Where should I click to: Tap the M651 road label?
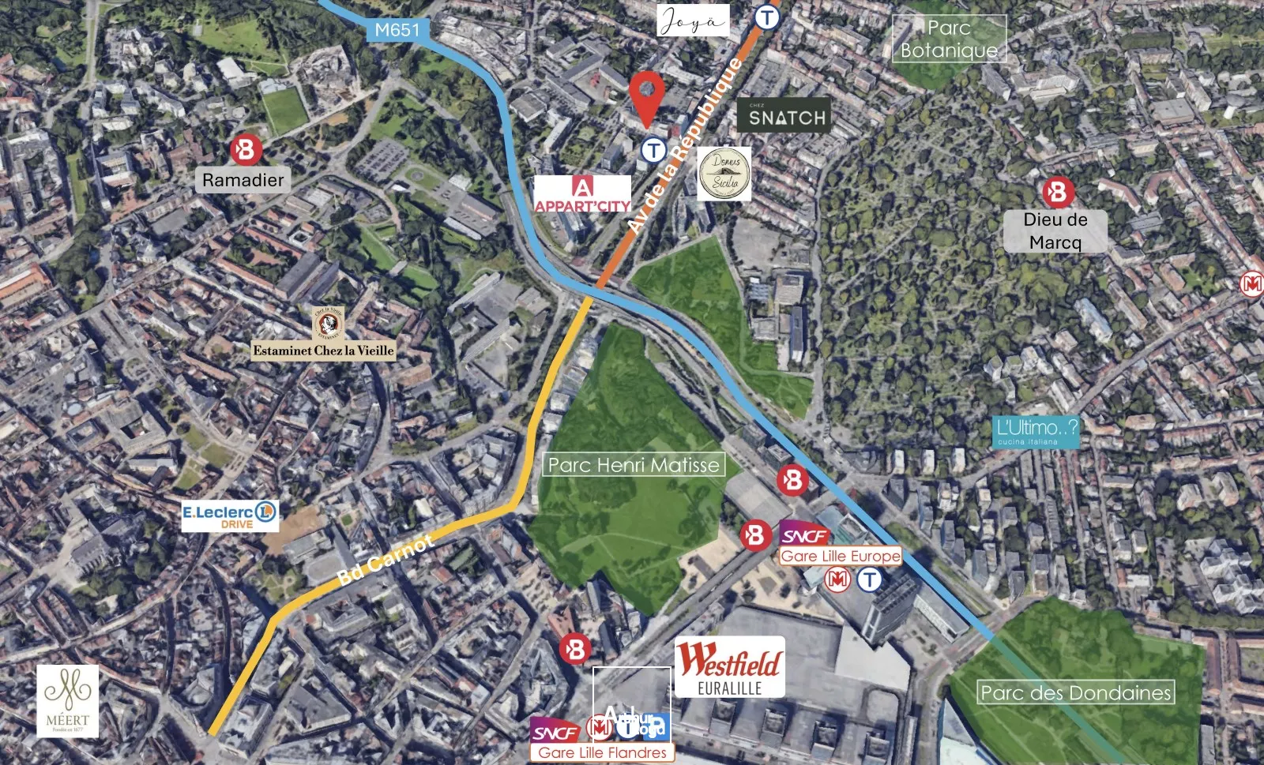[397, 30]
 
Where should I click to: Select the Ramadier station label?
[243, 180]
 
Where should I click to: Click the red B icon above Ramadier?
[246, 150]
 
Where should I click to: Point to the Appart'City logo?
[582, 194]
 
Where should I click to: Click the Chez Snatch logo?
[784, 115]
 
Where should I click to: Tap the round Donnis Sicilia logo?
[725, 173]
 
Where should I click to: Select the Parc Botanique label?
[949, 39]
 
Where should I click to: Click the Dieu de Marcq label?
[1055, 231]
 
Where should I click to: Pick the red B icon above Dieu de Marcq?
[1058, 192]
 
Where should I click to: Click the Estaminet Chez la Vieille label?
[323, 350]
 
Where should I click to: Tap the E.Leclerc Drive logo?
[230, 516]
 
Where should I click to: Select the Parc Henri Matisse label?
[634, 465]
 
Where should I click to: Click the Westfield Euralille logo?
[729, 668]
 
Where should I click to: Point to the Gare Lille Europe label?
[841, 556]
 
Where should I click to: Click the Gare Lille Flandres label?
[602, 752]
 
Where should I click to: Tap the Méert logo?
[68, 700]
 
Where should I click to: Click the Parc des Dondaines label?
[1075, 693]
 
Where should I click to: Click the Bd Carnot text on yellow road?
[385, 560]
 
